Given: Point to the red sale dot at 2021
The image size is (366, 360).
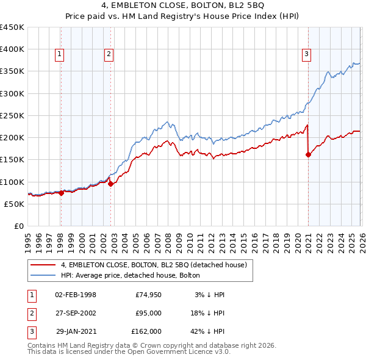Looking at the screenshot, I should click(308, 154).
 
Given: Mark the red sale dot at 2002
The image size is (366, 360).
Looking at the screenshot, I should click(110, 184).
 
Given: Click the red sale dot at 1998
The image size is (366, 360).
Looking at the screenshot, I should click(61, 193).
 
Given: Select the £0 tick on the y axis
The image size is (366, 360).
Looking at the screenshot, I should click(19, 226).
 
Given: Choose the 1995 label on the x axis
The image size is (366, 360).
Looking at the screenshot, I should click(28, 242).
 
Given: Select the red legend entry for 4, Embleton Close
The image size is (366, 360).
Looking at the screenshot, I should click(153, 265).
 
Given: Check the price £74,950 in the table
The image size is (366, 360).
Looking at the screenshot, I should click(148, 295).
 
